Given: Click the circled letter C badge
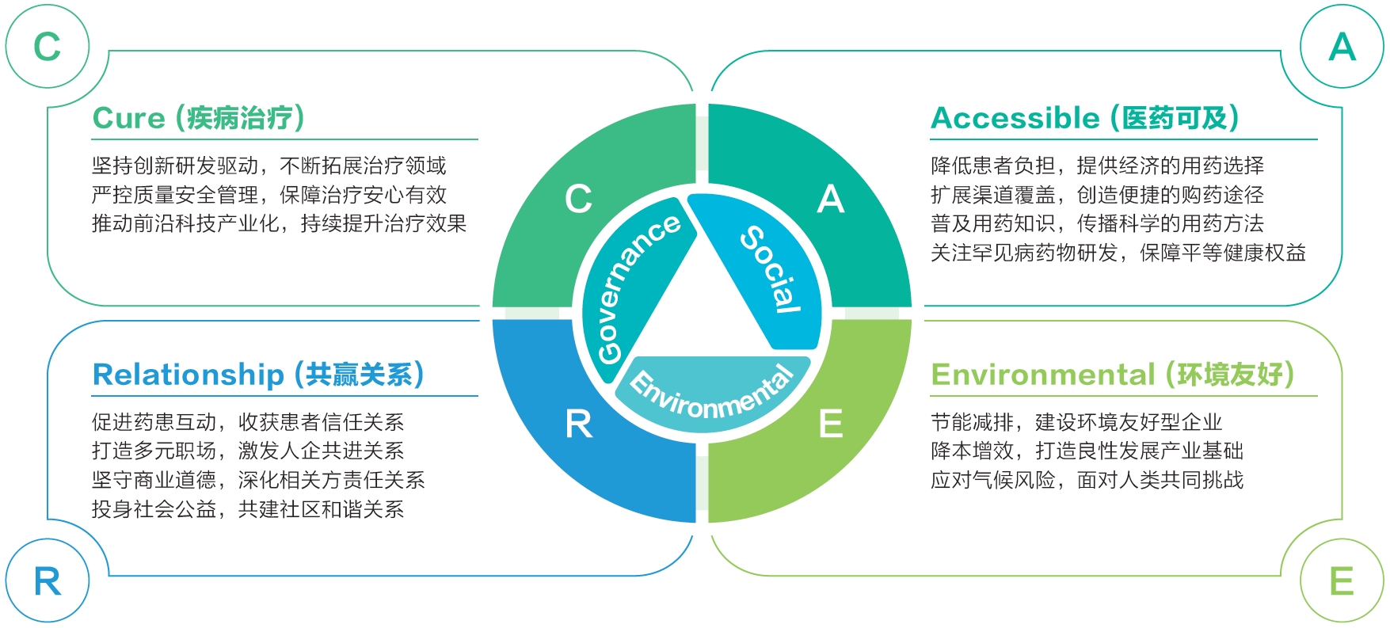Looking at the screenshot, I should pos(47,47).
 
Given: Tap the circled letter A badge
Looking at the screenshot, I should pos(1342,47).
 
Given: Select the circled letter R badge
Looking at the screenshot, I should pos(47,582).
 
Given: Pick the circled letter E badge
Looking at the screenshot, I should pos(1342,582).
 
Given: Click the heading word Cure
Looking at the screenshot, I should pos(128,118).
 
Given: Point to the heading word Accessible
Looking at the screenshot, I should pos(1015,118).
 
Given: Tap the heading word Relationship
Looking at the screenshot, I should pos(188,375).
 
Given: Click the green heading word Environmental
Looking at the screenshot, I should pos(1043,375).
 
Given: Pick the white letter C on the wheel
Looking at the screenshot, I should pos(578,199).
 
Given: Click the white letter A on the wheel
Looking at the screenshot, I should pos(831,199).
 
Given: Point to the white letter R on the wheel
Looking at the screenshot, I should pos(578,424).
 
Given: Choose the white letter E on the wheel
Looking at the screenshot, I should pos(831,424).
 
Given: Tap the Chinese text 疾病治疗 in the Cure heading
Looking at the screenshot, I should pos(240,118).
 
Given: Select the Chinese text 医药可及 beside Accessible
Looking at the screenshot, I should pos(1175,118).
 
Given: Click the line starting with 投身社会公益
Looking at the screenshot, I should pos(248,509).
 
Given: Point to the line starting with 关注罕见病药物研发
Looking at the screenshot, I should pos(1118,253).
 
